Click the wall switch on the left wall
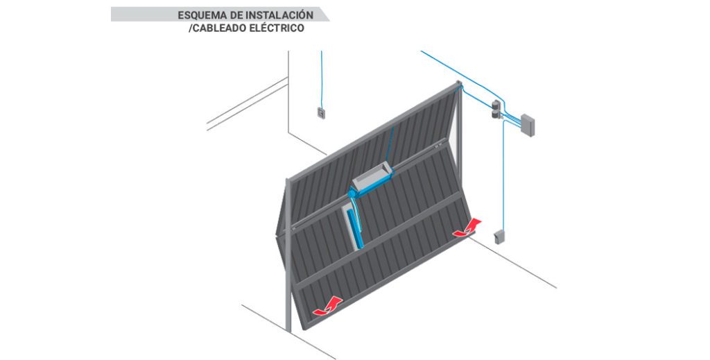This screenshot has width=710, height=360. tap(321, 113)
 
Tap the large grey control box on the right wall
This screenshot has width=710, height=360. tap(527, 125)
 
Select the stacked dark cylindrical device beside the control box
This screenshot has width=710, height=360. tap(496, 109)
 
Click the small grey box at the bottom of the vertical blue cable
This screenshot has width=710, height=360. tap(499, 237)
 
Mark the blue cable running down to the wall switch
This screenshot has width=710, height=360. tap(322, 80)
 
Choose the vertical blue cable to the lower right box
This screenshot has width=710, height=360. tap(503, 174)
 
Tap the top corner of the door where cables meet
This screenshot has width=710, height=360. tap(459, 84)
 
